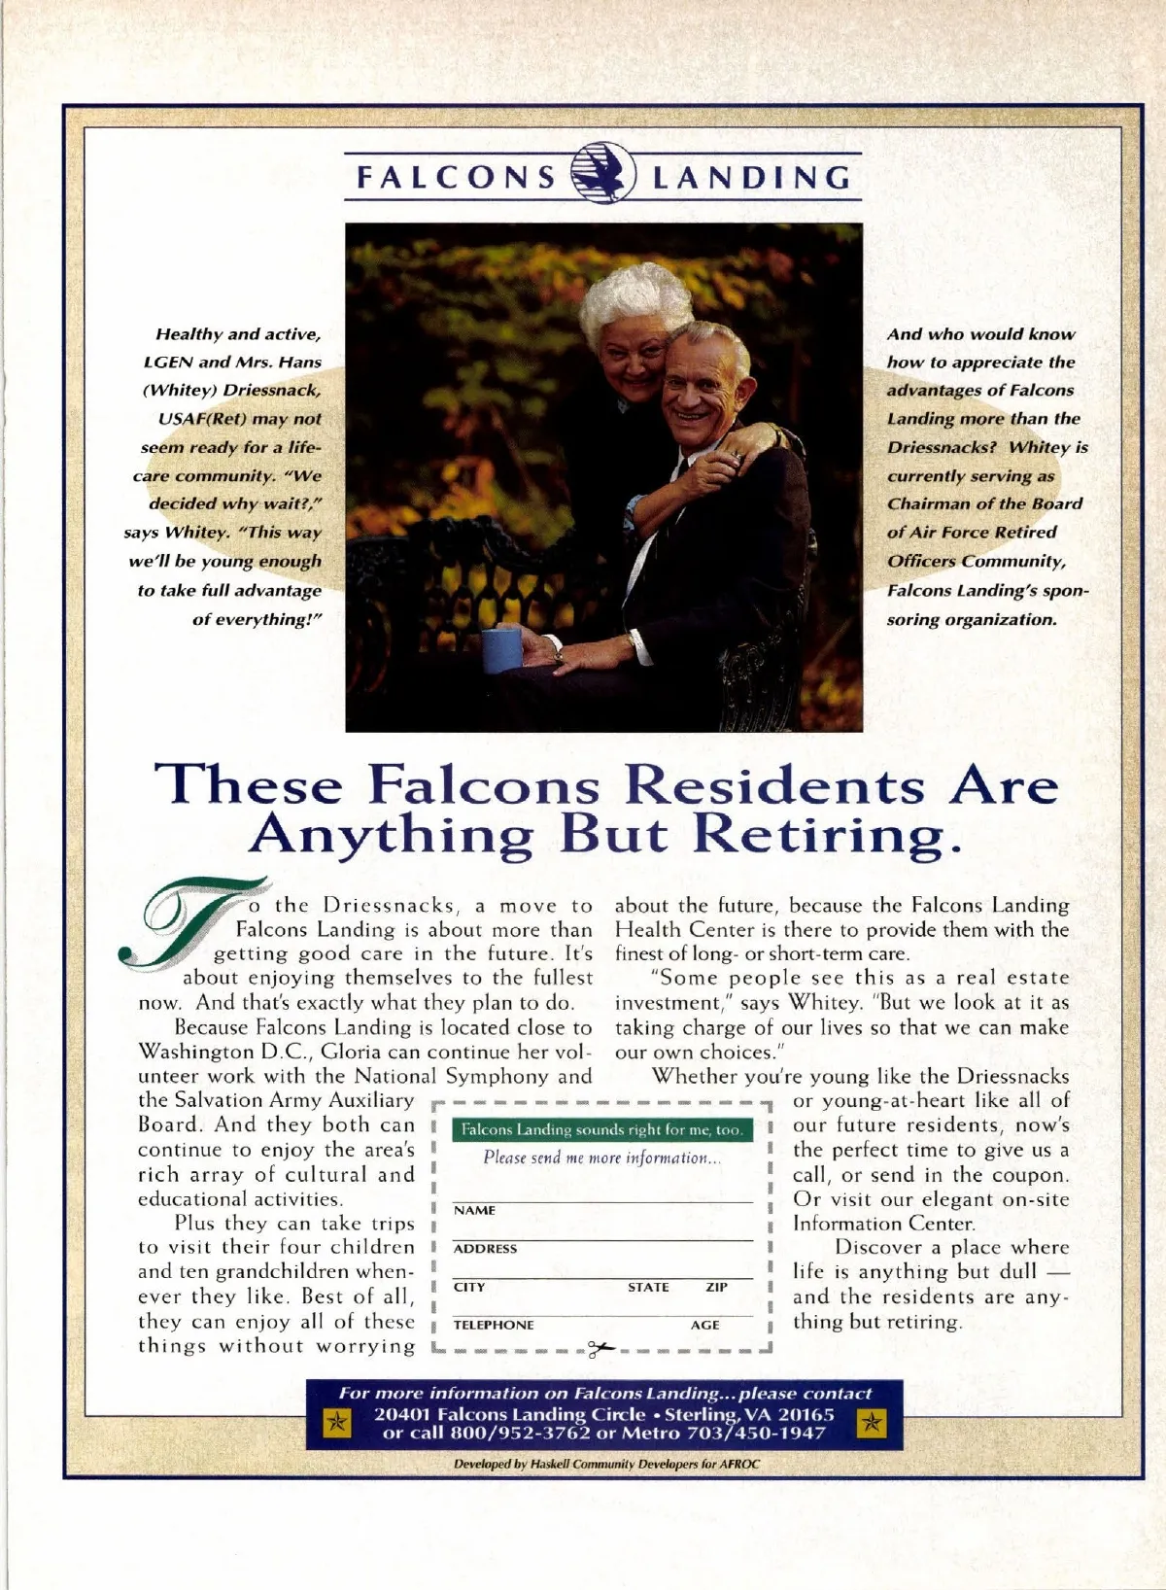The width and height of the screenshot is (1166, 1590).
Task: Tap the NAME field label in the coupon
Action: click(x=474, y=1210)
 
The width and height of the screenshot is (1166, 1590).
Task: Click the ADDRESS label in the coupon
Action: click(x=485, y=1249)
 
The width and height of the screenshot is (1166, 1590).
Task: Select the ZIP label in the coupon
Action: click(x=716, y=1287)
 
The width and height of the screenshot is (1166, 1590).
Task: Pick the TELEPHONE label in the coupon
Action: click(x=494, y=1325)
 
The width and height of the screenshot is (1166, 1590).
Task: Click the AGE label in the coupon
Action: click(x=705, y=1325)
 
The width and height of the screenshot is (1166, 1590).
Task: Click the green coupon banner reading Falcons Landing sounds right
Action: click(x=601, y=1129)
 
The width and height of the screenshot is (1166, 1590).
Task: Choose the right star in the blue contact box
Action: click(x=872, y=1424)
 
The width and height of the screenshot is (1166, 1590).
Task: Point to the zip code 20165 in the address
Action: click(x=806, y=1414)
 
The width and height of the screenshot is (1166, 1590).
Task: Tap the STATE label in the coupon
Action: click(x=648, y=1287)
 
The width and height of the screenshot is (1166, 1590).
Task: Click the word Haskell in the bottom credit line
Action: click(x=555, y=1463)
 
